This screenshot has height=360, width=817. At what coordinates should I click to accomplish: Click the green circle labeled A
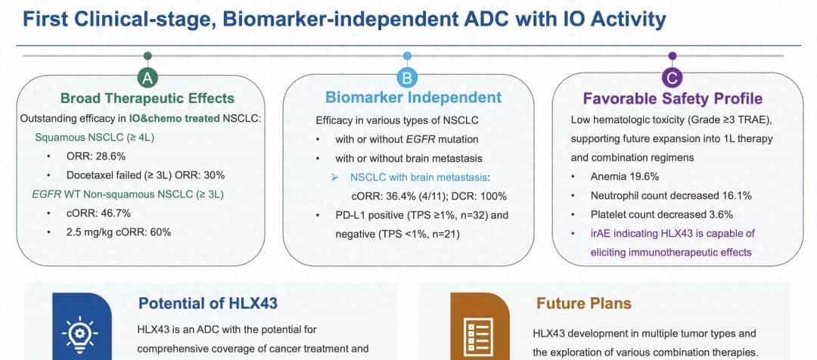click(x=148, y=78)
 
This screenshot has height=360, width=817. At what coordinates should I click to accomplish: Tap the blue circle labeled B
click(x=408, y=78)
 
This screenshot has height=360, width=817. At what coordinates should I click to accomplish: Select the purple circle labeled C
click(x=673, y=78)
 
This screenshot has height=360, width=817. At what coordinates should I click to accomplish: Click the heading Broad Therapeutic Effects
click(x=148, y=98)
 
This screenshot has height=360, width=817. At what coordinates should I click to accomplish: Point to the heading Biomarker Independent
click(x=413, y=98)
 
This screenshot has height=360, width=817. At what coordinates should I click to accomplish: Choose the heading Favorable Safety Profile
click(x=673, y=99)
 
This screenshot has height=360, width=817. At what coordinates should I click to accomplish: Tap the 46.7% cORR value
click(x=114, y=213)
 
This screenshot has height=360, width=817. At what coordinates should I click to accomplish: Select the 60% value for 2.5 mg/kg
click(x=160, y=232)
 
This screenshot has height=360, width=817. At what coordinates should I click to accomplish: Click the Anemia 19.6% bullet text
click(x=625, y=177)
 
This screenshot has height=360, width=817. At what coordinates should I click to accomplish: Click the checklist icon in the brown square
click(x=478, y=334)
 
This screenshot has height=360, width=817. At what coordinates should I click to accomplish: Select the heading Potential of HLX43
click(x=208, y=303)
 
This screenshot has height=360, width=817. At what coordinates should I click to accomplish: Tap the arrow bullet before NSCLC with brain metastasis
click(x=336, y=178)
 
